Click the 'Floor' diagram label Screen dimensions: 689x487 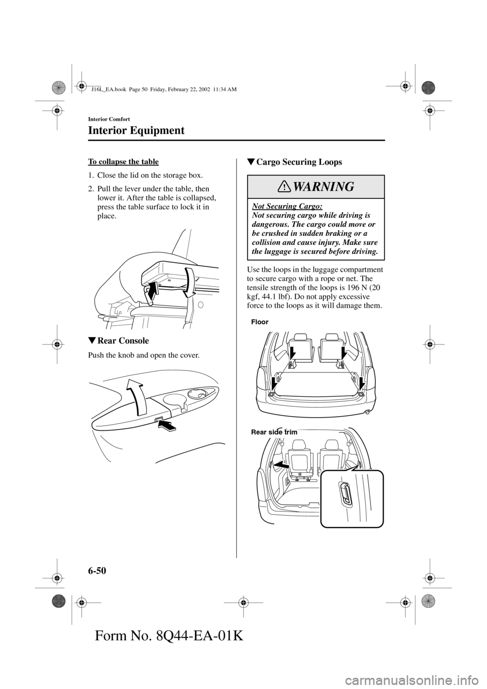[259, 322]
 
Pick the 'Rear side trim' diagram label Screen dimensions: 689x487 [274, 432]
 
